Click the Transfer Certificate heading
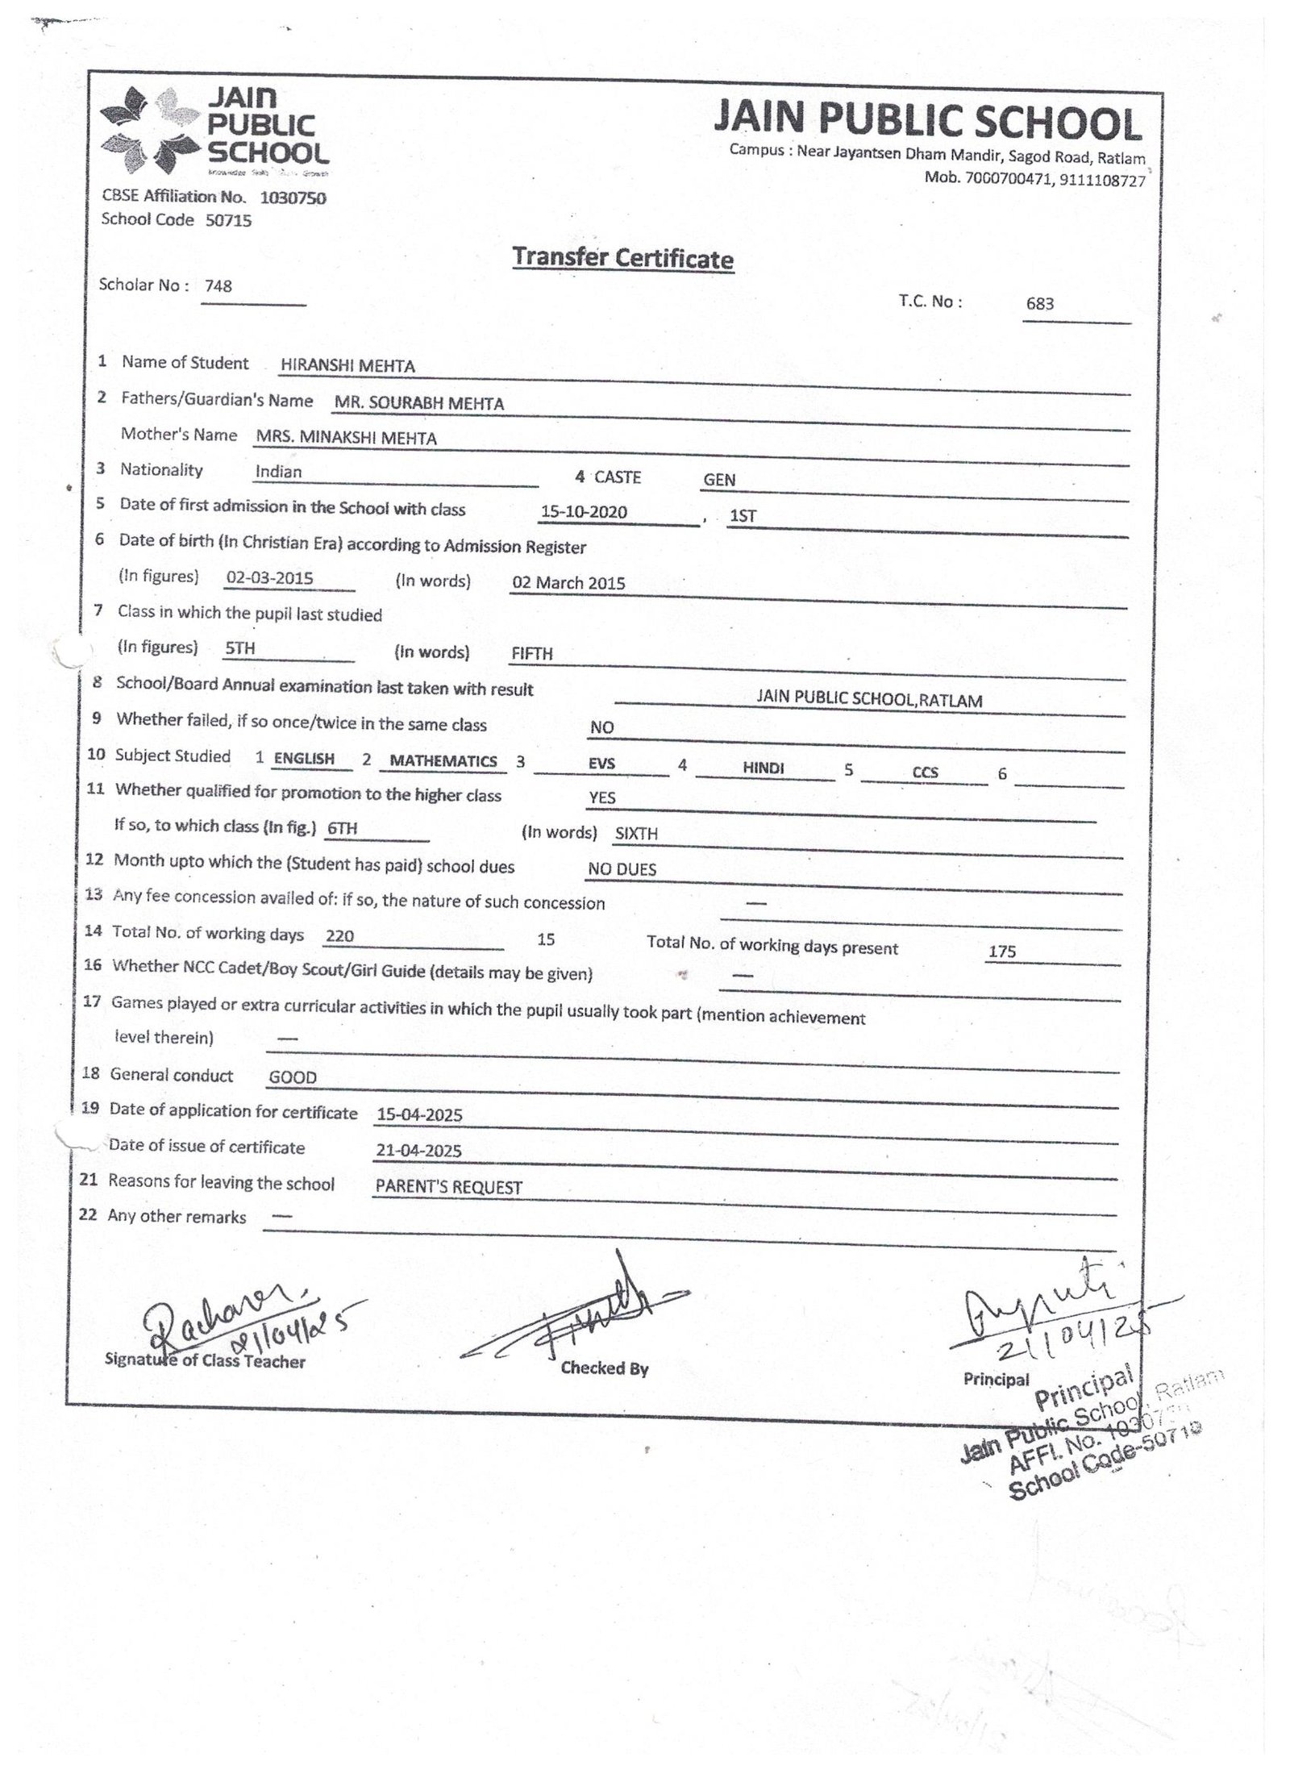[x=622, y=258]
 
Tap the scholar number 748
[x=218, y=286]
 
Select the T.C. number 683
[x=1040, y=304]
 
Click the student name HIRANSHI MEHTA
[x=347, y=366]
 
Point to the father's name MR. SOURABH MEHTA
[x=419, y=404]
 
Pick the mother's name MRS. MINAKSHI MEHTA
[x=346, y=439]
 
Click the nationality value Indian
[x=278, y=472]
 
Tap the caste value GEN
[x=719, y=480]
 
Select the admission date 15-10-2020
[x=584, y=512]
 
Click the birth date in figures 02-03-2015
[x=269, y=578]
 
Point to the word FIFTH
[x=532, y=654]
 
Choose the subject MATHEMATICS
[x=443, y=761]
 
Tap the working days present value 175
[x=1002, y=952]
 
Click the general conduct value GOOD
[x=293, y=1078]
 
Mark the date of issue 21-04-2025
[x=418, y=1151]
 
